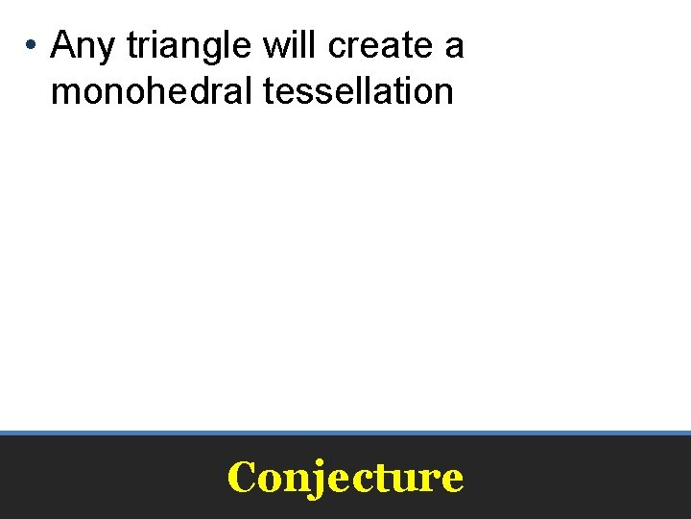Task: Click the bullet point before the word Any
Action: (32, 45)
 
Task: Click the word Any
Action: (83, 45)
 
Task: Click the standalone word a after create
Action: (455, 46)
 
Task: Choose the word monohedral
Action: (143, 91)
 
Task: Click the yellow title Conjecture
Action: (345, 477)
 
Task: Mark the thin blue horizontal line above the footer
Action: (345, 432)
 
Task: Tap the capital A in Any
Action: (63, 44)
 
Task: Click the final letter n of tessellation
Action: (443, 93)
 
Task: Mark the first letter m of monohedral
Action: (63, 93)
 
